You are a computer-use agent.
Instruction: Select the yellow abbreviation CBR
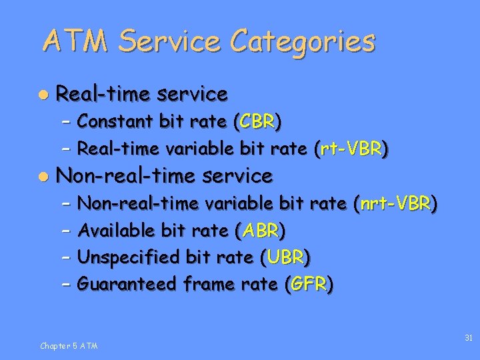pyautogui.click(x=257, y=121)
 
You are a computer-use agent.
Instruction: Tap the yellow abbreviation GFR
pyautogui.click(x=309, y=285)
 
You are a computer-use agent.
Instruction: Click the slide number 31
pyautogui.click(x=468, y=338)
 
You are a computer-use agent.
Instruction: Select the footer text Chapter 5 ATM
pyautogui.click(x=69, y=345)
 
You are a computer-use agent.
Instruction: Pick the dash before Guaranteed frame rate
pyautogui.click(x=65, y=285)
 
